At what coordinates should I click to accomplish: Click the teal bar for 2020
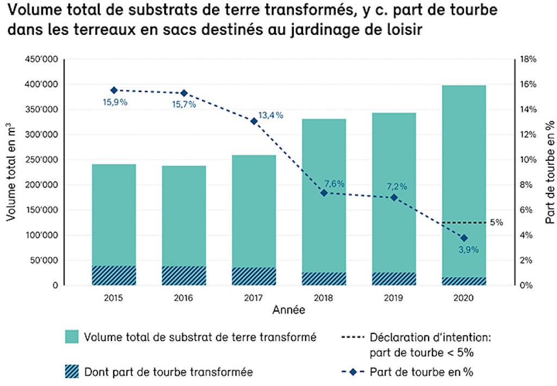463,163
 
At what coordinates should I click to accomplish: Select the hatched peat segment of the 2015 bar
114,276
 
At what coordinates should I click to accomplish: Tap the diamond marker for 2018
324,192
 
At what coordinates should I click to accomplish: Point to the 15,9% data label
115,102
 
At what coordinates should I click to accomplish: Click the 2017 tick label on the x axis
254,298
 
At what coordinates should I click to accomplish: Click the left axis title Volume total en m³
11,172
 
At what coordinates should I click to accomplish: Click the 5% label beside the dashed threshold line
496,222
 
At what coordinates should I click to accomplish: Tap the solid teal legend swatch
72,336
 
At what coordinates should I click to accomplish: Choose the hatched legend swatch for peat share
72,372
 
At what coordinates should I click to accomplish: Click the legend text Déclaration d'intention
430,337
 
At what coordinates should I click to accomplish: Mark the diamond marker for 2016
184,93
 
